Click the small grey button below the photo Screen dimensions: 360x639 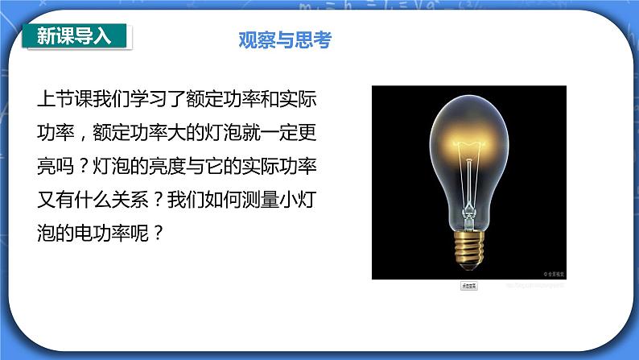[x=468, y=286]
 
